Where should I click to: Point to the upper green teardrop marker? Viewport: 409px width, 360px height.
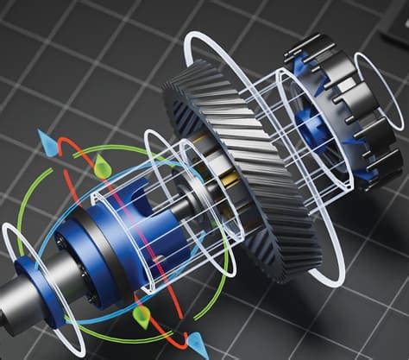[104, 164]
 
